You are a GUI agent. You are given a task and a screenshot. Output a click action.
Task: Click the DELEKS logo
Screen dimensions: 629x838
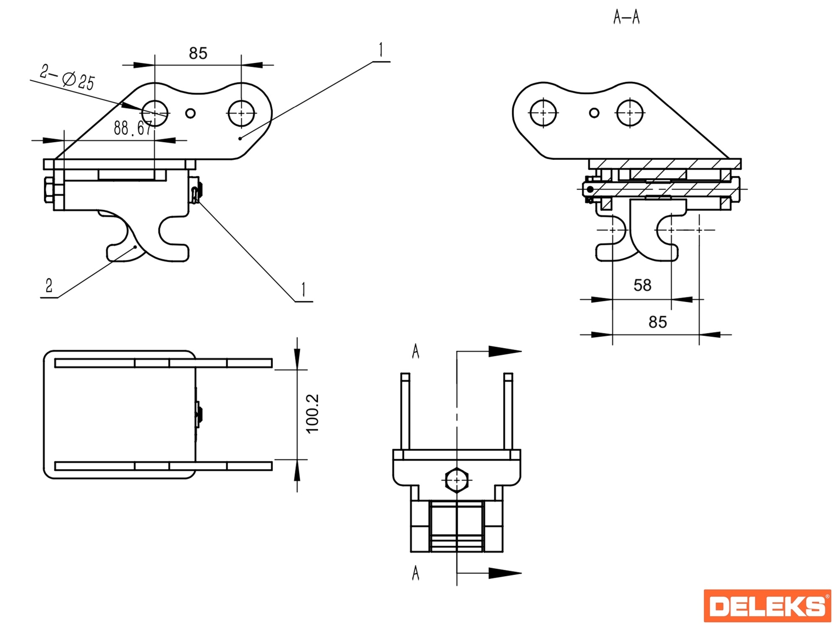pos(767,606)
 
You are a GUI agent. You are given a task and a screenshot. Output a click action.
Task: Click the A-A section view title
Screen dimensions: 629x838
pos(626,17)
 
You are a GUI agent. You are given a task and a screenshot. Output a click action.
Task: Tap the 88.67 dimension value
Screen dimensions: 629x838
pos(133,128)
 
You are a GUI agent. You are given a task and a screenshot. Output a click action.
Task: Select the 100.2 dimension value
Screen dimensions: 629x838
pos(312,414)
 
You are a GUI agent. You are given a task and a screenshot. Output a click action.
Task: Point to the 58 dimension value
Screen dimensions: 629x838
pos(642,285)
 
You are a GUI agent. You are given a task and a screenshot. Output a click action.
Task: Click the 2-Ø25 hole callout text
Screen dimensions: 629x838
pos(68,77)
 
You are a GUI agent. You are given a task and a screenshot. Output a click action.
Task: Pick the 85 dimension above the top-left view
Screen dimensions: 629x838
pos(198,53)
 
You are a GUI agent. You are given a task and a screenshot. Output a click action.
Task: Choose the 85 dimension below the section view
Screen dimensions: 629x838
pos(657,322)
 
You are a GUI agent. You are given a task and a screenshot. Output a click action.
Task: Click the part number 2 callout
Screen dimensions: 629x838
pos(49,286)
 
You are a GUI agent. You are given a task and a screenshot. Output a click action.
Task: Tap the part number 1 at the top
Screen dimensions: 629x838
pos(381,50)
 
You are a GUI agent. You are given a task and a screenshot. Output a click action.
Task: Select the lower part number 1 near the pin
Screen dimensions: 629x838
pos(303,290)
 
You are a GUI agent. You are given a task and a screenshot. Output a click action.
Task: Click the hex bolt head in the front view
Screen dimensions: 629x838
pos(457,479)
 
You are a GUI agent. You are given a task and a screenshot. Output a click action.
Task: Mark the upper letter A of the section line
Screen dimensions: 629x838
pos(416,351)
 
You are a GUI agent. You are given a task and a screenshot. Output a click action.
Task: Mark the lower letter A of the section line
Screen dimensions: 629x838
pos(416,573)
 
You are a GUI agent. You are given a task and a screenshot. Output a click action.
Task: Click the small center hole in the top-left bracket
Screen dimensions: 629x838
pos(191,113)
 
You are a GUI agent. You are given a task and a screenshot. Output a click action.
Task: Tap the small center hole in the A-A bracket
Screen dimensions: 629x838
pos(594,113)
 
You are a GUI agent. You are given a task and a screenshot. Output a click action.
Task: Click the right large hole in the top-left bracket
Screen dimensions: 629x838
pos(241,113)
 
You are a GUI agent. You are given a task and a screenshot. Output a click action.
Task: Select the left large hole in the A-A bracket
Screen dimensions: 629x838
pos(543,113)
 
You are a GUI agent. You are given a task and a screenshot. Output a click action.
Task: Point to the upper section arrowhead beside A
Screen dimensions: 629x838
pos(504,351)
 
